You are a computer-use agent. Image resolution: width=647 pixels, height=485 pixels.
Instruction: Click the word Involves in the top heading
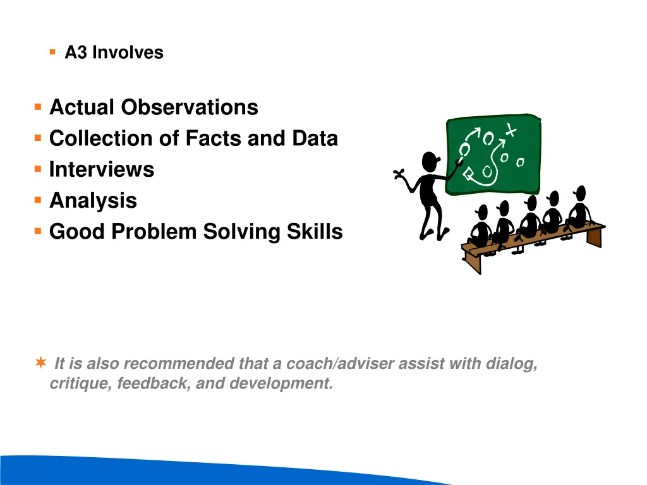128,53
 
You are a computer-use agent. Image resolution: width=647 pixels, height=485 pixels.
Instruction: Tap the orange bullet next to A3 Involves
52,52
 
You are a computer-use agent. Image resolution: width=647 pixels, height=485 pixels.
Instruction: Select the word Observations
190,107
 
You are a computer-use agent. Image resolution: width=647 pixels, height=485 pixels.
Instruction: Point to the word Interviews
102,169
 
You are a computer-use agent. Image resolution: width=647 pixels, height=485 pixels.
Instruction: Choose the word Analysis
94,201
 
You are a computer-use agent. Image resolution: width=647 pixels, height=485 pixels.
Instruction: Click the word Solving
242,231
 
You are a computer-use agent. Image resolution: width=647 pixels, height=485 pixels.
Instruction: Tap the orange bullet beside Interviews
38,169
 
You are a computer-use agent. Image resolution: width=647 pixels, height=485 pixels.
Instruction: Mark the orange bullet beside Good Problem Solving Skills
38,231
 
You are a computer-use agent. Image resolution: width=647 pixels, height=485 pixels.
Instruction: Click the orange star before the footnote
41,362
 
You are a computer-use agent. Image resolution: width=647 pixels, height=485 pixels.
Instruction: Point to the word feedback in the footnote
154,383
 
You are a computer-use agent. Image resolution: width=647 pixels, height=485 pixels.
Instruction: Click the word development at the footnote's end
281,383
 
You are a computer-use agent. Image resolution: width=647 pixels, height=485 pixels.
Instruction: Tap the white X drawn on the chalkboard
511,130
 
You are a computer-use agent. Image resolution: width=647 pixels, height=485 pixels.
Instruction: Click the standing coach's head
430,161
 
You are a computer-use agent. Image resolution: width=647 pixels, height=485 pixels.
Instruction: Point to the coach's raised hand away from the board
399,174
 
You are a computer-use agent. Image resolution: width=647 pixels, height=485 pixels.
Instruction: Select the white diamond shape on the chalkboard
468,174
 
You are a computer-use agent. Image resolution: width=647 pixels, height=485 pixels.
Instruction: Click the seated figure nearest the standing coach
480,227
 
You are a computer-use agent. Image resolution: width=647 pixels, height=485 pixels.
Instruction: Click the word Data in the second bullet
315,138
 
